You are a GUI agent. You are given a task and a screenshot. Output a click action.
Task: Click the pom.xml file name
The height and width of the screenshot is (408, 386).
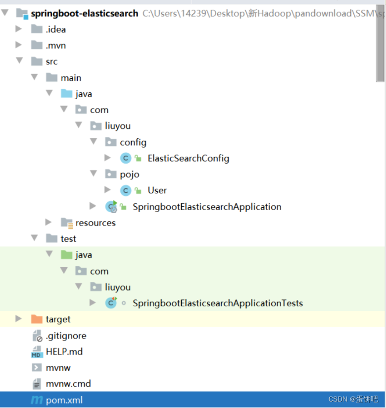(64, 400)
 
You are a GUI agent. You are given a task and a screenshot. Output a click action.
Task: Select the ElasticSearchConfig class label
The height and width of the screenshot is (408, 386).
(188, 158)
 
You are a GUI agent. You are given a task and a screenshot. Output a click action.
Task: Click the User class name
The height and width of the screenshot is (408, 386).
(157, 190)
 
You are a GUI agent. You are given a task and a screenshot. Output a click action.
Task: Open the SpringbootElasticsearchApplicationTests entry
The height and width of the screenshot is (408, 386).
(217, 303)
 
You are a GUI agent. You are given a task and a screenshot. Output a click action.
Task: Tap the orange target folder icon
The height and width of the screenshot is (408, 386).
(37, 319)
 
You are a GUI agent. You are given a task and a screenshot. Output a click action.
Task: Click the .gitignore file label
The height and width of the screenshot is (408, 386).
(66, 336)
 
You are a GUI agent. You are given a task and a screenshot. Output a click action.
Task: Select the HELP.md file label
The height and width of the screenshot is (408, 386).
(64, 351)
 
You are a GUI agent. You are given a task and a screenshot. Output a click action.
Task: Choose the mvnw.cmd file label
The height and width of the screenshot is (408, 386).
(68, 384)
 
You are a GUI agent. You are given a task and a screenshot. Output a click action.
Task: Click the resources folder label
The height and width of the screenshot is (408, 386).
(95, 223)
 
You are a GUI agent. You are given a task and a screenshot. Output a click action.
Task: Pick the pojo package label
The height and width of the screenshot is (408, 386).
(129, 175)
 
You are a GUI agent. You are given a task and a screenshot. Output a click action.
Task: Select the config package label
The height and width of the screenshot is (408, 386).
(133, 142)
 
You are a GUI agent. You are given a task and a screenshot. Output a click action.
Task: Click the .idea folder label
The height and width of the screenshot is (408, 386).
(55, 29)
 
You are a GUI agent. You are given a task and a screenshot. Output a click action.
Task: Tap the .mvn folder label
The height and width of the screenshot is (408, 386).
(55, 46)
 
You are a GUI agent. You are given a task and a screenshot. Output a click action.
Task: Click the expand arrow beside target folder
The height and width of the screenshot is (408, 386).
(19, 319)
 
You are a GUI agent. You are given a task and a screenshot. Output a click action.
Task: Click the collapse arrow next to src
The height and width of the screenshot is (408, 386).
(19, 61)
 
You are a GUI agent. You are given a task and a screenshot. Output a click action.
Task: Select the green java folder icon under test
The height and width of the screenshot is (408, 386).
(66, 255)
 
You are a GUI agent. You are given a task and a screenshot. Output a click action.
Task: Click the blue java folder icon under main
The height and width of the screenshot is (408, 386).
(66, 94)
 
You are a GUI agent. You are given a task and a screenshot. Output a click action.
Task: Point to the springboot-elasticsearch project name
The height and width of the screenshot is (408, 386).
(84, 13)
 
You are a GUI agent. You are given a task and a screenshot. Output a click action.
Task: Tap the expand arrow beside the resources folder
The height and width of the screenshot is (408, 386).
(48, 223)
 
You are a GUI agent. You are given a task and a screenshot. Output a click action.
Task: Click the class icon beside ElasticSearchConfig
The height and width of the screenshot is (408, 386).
(126, 158)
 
